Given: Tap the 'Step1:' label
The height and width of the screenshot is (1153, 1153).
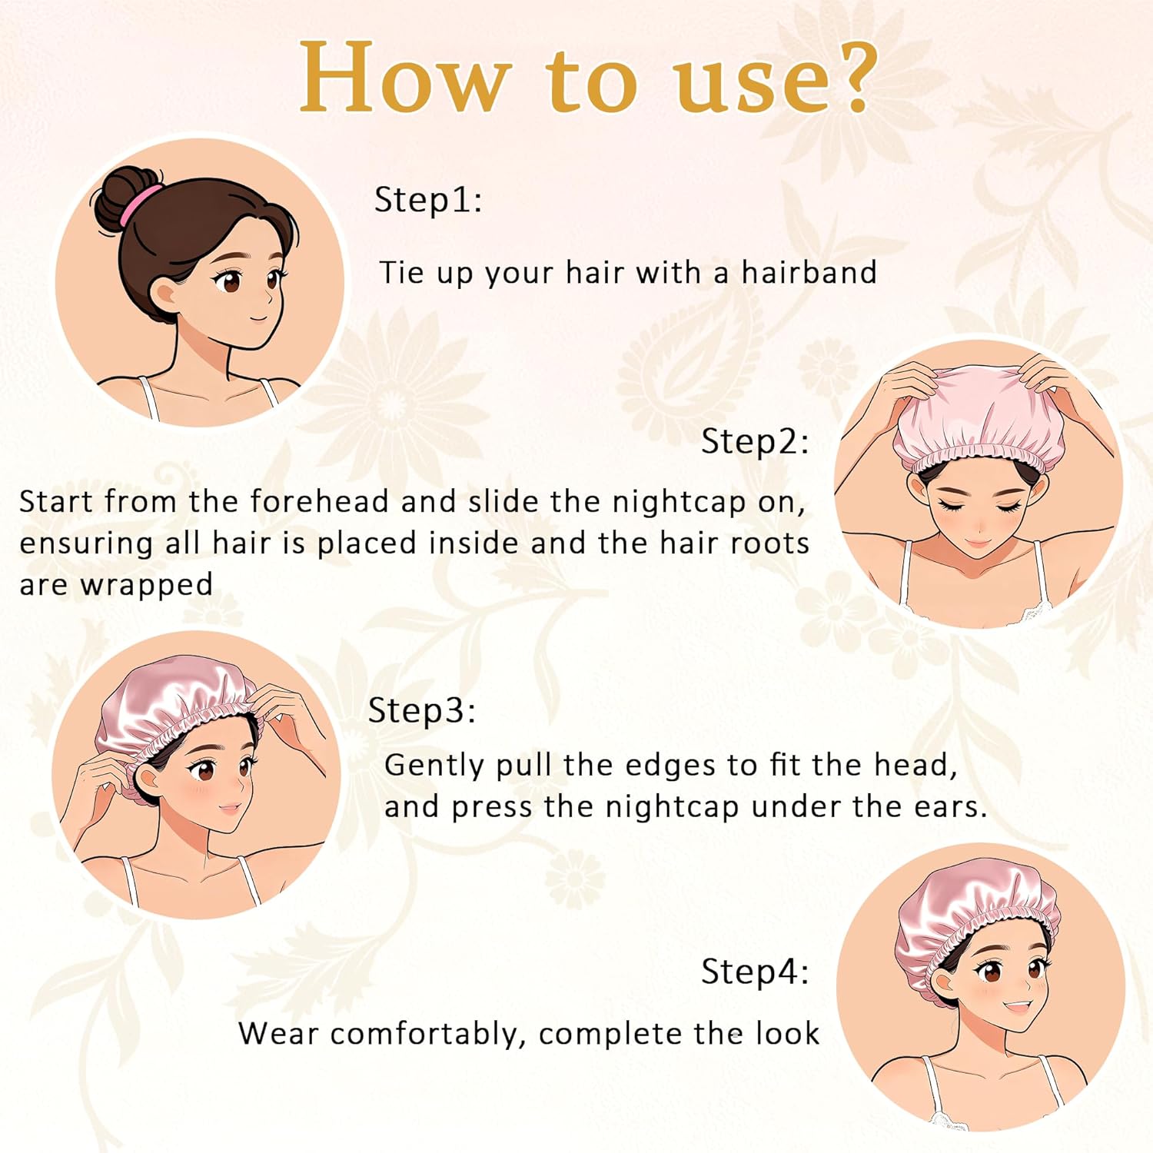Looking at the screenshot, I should tap(427, 200).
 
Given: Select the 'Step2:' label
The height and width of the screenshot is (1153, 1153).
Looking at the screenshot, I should tap(755, 442).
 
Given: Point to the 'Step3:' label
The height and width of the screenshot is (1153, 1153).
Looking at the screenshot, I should tap(422, 710).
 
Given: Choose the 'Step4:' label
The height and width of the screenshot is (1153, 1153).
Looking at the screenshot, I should tap(755, 972).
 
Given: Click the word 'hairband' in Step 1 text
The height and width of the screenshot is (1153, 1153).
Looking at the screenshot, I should tap(809, 273).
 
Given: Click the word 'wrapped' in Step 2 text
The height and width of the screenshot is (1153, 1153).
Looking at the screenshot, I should tap(146, 585).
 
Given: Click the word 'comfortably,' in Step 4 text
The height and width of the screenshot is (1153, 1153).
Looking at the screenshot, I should tap(428, 1035).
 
